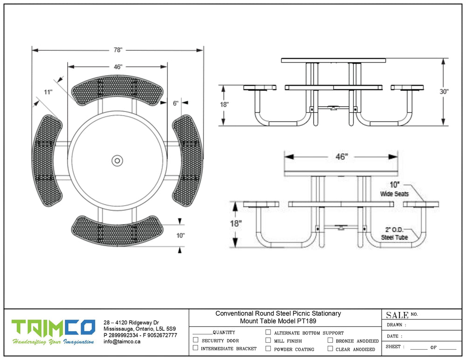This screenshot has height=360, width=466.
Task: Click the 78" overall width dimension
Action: [x=117, y=50]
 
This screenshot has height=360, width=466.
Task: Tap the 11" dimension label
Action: [x=48, y=92]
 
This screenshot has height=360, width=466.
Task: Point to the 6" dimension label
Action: [x=176, y=103]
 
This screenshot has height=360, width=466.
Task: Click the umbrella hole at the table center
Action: [x=117, y=161]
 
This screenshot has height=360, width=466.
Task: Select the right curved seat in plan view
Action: [x=187, y=160]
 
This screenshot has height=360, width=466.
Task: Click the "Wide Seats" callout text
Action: [x=394, y=193]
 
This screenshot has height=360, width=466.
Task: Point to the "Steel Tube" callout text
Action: [x=394, y=237]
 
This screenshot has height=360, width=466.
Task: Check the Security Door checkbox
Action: [x=196, y=340]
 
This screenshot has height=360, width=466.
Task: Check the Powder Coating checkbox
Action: [x=268, y=348]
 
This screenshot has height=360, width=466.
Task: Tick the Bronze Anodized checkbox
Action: [x=330, y=340]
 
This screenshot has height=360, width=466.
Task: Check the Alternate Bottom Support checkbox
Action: [x=268, y=333]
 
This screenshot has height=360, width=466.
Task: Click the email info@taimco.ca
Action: [x=122, y=341]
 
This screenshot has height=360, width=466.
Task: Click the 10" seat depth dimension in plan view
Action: [x=181, y=236]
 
